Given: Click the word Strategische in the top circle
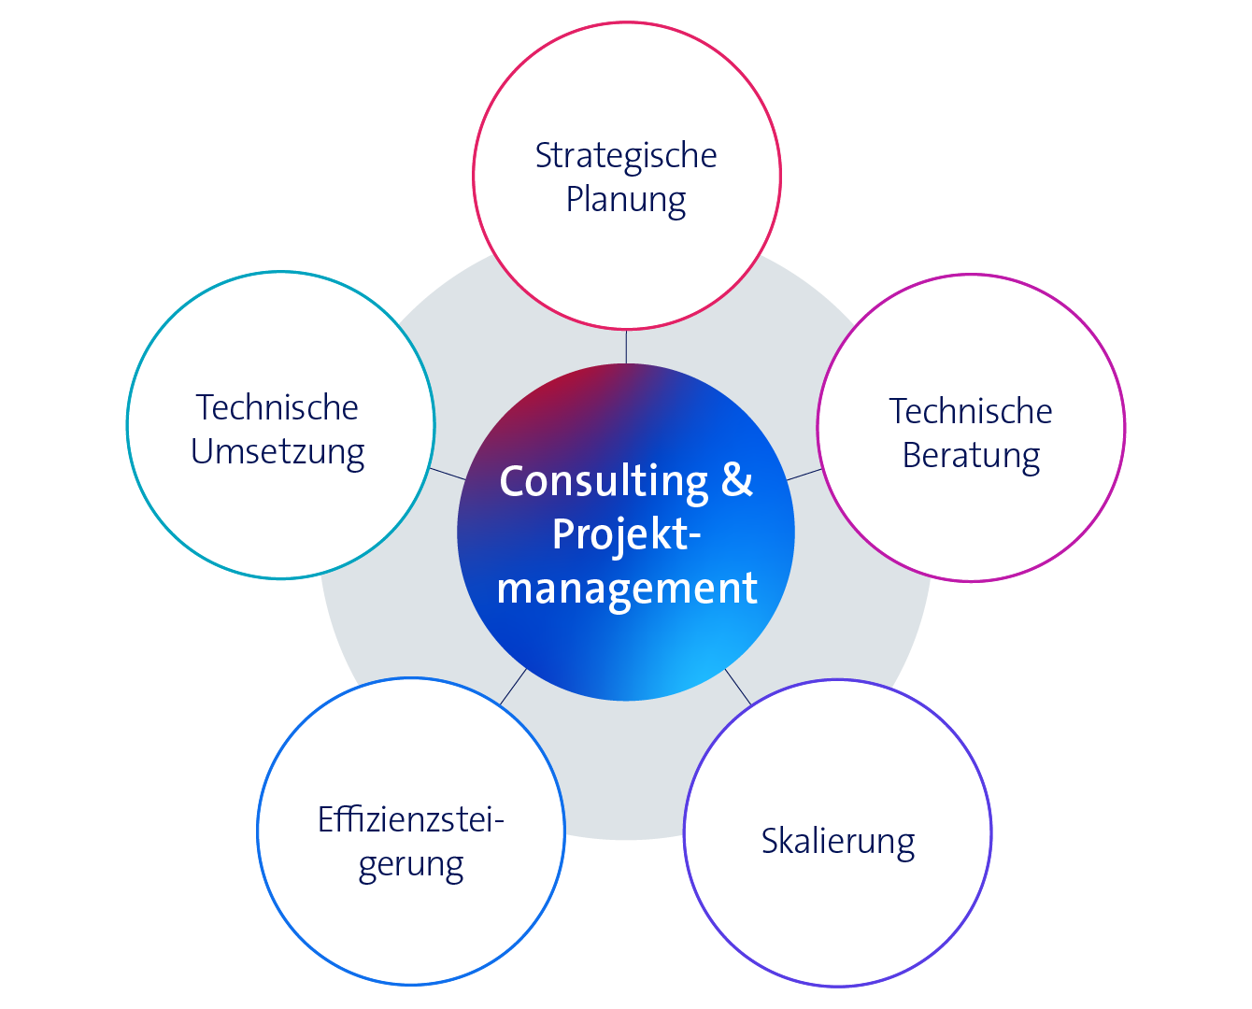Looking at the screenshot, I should (x=625, y=156).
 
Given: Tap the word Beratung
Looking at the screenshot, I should (x=971, y=456).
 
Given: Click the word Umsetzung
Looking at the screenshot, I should (x=277, y=452).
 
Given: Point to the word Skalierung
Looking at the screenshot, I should (x=838, y=841).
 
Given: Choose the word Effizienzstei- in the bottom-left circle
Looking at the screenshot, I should (x=410, y=819).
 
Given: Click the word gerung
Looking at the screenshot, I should (x=410, y=865).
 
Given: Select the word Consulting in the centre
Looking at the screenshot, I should (x=604, y=482).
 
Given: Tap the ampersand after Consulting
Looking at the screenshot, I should (x=737, y=480).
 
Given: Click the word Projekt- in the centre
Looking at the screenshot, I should (x=625, y=534).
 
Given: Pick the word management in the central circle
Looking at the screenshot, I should (x=627, y=589).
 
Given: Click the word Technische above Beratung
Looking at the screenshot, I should (x=971, y=411).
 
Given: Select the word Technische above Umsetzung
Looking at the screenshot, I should (x=277, y=407).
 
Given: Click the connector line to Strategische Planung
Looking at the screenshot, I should (x=626, y=347).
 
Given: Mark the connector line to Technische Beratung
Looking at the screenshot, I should (x=804, y=475).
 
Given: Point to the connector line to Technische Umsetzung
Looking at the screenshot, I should (x=448, y=474).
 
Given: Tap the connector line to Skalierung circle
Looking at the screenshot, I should (x=738, y=687).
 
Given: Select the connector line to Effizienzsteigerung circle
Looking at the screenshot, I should (x=513, y=687).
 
